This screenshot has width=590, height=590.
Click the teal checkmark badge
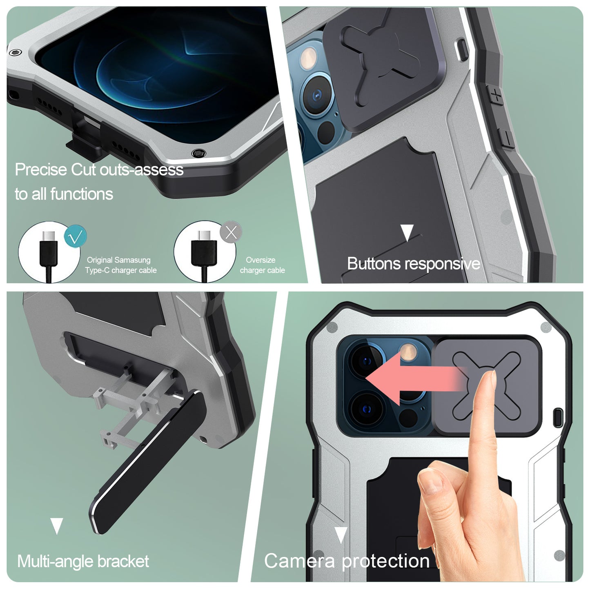click(75, 236)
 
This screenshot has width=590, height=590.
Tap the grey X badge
click(231, 232)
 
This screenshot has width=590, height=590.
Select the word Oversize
click(260, 260)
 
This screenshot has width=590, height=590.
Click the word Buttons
click(373, 264)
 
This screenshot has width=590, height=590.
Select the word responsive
click(442, 264)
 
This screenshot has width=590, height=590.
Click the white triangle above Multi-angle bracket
click(57, 526)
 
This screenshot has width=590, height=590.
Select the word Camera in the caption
click(299, 561)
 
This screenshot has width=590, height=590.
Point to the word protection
click(386, 561)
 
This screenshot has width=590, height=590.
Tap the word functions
click(82, 194)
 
